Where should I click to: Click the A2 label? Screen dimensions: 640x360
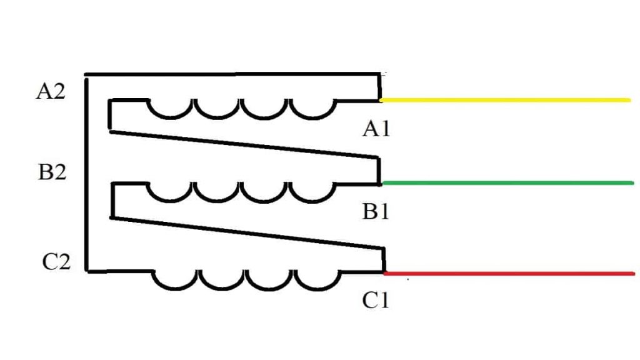click(51, 91)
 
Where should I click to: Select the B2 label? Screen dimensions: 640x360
click(52, 172)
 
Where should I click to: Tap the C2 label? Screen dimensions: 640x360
click(56, 262)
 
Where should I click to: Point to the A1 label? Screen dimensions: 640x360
click(376, 129)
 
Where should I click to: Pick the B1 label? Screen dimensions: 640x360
click(376, 212)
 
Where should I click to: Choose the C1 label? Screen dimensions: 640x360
click(376, 301)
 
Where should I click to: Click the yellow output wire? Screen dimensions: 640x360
click(505, 100)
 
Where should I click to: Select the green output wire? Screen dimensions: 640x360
click(507, 183)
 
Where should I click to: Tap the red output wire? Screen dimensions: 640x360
click(509, 274)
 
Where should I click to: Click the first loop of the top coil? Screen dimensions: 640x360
click(169, 117)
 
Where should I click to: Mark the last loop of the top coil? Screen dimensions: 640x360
click(313, 117)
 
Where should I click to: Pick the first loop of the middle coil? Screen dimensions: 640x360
click(169, 201)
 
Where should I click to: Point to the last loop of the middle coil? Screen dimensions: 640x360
click(313, 201)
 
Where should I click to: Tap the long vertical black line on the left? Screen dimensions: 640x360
click(86, 174)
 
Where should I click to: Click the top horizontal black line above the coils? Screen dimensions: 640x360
click(232, 74)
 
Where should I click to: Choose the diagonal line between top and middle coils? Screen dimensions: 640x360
click(244, 144)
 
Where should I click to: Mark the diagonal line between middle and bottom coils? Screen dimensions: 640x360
click(247, 232)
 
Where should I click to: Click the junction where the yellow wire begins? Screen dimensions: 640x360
click(381, 100)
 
